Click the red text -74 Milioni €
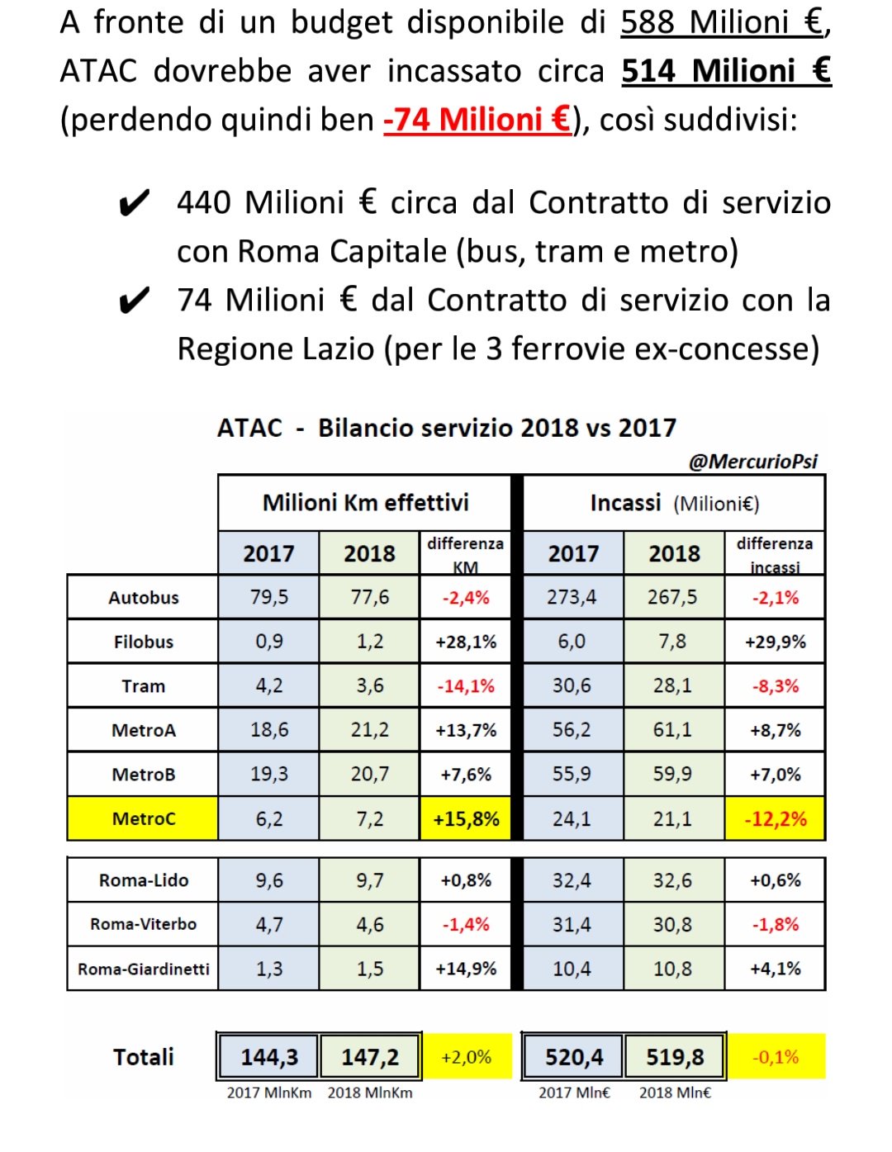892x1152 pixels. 477,120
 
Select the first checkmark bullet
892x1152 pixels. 135,203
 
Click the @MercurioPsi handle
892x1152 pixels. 752,461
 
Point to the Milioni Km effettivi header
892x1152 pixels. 365,503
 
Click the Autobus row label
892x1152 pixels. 143,598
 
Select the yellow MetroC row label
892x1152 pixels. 143,819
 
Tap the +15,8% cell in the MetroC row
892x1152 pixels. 466,819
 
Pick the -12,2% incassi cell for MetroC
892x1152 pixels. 775,819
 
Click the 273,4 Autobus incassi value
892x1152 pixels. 572,597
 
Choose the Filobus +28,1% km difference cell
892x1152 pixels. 466,642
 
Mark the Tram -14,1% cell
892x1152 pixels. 466,686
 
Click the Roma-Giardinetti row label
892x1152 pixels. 143,969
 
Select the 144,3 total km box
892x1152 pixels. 269,1057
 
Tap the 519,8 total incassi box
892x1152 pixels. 675,1057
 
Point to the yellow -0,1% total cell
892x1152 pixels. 776,1057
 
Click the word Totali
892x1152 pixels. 143,1057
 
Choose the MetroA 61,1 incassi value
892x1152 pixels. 673,730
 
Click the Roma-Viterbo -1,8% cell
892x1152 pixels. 775,924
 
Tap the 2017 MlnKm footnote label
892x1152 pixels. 269,1093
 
